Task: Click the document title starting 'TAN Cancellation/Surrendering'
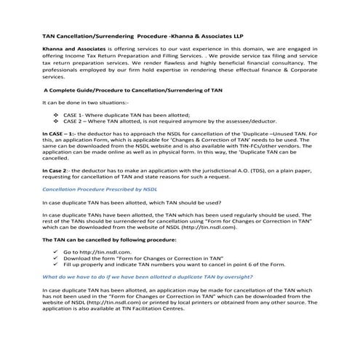point(132,35)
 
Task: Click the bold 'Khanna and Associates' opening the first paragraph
point(70,49)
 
